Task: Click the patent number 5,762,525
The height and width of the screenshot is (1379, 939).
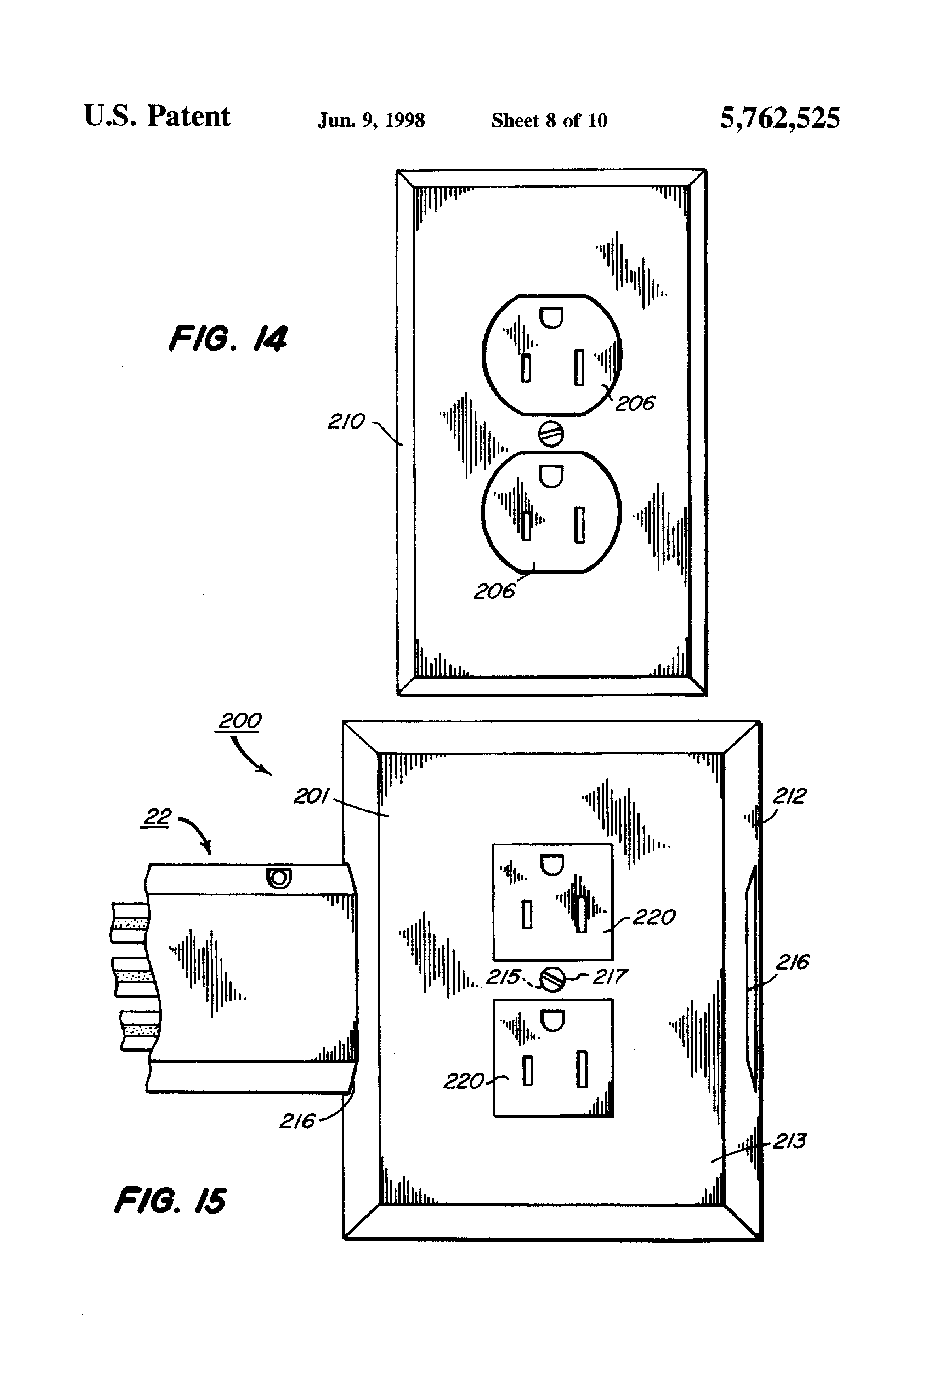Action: tap(780, 118)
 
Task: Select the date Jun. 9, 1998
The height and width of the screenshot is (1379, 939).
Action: tap(371, 121)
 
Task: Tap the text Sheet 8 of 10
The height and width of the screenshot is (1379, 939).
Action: tap(549, 121)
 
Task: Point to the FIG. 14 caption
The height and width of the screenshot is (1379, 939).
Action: tap(228, 339)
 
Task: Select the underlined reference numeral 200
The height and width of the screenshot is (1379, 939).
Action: tap(239, 721)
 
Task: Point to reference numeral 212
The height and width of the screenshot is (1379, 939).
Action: tap(789, 796)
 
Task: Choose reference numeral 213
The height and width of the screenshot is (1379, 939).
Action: tap(789, 1141)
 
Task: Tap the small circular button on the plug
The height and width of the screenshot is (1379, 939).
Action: tap(278, 877)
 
